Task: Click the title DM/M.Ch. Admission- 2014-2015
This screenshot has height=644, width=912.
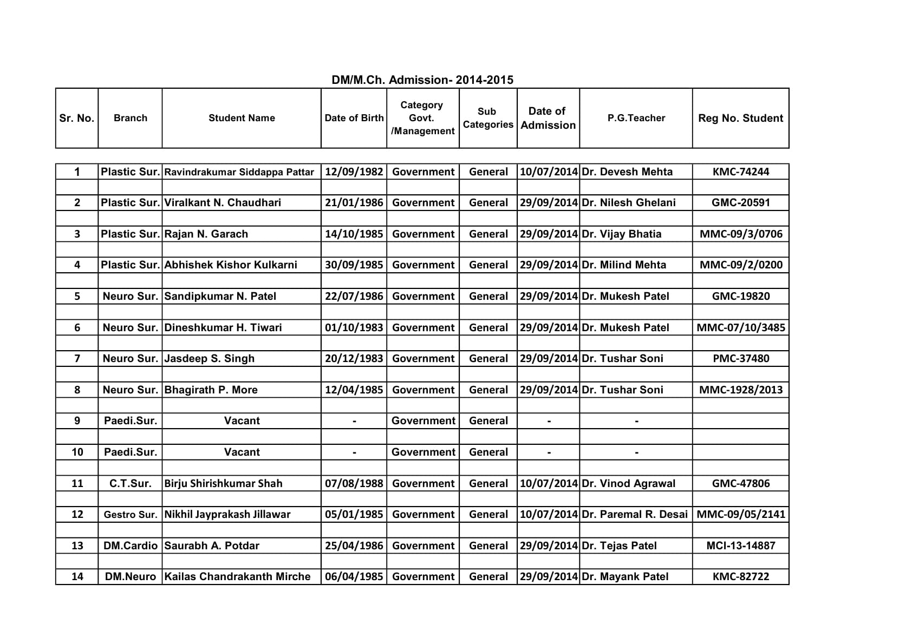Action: (422, 80)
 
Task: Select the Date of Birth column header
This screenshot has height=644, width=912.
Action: (354, 118)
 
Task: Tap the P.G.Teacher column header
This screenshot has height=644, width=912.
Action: (636, 118)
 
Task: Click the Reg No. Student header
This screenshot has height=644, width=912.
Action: (740, 118)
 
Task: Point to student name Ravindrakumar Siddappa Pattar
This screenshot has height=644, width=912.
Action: (239, 172)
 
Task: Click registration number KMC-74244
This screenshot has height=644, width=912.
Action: (740, 172)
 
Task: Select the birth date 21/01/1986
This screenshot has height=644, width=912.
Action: (354, 203)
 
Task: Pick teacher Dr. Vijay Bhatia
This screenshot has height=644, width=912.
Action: (621, 234)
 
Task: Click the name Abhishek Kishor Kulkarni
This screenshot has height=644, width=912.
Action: (231, 265)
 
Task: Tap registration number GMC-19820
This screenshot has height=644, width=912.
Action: (740, 297)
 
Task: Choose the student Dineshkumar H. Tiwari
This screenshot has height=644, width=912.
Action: (223, 328)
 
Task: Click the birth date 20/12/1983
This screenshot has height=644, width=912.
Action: (354, 359)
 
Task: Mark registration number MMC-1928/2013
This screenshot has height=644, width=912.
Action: (740, 390)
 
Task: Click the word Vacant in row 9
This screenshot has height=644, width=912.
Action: (242, 421)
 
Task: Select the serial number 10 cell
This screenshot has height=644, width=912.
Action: (77, 452)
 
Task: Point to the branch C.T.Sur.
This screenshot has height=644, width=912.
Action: (130, 484)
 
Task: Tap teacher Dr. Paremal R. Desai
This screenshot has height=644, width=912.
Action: (634, 515)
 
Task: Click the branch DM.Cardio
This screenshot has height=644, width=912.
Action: (130, 546)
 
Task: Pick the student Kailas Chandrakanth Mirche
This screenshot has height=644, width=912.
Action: (237, 577)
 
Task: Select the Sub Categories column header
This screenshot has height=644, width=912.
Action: (487, 118)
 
